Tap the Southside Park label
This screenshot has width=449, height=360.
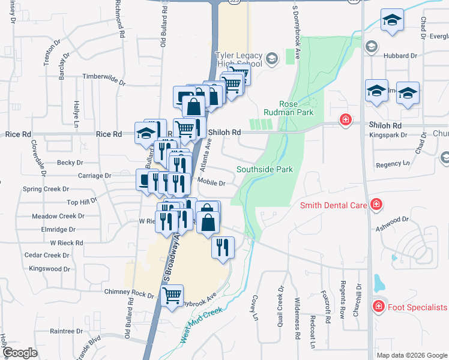[265, 170]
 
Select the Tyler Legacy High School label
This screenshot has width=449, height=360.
[239, 59]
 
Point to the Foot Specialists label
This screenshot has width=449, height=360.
[417, 307]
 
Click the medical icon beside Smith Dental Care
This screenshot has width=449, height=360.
[376, 205]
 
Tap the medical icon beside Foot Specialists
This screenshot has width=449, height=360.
[378, 307]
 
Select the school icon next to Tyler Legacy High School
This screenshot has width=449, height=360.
[272, 58]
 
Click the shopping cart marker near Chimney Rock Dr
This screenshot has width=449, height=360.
[173, 296]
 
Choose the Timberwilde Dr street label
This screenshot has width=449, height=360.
[103, 76]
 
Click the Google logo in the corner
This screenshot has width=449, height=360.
[20, 353]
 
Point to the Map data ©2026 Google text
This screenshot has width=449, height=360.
[411, 355]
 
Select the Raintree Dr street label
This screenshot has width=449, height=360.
[66, 331]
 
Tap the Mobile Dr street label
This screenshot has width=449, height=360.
[211, 184]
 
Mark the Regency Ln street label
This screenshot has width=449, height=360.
[393, 163]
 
